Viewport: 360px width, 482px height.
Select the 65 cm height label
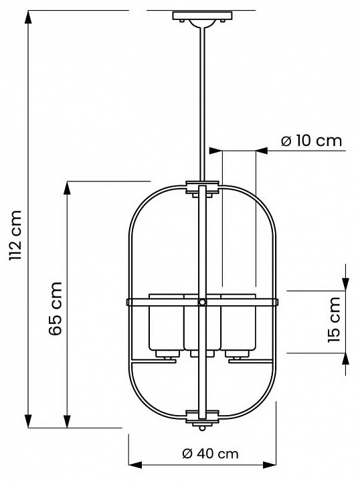pos(56,308)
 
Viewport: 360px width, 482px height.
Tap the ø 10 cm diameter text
pos(310,141)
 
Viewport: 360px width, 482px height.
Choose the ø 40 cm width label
pos(210,453)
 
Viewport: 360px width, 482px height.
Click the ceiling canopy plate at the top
pos(200,15)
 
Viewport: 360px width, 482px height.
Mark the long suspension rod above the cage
pos(201,100)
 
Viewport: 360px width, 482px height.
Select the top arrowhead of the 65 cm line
pos(67,188)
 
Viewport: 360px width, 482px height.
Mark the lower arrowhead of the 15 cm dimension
pos(345,359)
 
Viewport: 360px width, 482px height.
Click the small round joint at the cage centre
pos(201,303)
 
